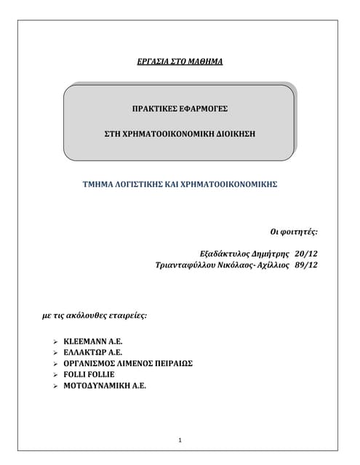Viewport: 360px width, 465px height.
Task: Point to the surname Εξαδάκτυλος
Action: point(225,254)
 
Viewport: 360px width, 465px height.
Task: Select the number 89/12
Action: point(307,266)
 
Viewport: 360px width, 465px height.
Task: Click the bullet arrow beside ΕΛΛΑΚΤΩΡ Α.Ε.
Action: point(56,352)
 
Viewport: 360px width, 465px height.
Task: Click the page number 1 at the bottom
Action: point(180,440)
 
